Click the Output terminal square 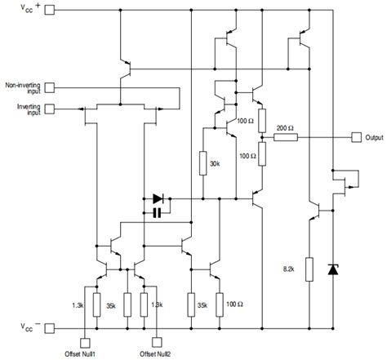tap(355, 136)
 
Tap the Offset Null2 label tap(155, 354)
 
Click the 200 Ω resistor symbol tap(286, 136)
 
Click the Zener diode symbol tap(332, 269)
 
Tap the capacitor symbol tap(158, 213)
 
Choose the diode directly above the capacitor tap(158, 198)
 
